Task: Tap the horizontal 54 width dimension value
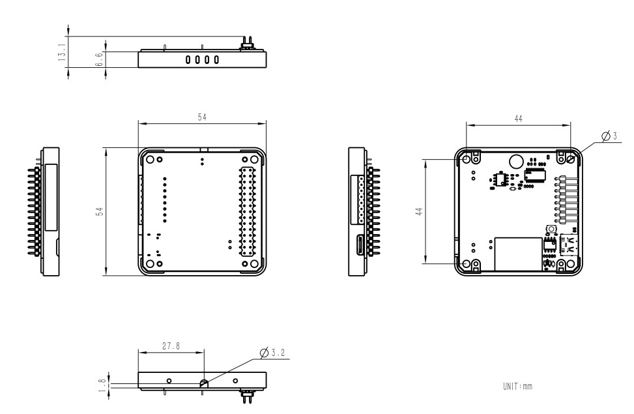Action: pos(203,116)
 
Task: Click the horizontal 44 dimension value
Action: pos(517,119)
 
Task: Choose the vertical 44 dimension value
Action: pos(420,212)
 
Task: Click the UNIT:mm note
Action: pos(517,386)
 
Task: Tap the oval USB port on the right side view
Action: pos(360,246)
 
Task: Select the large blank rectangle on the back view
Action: pos(518,254)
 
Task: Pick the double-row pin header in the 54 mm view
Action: pos(248,212)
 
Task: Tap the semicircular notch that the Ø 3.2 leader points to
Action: pos(203,383)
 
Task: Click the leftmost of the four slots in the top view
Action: pos(188,59)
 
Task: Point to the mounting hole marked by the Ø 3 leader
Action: pos(570,158)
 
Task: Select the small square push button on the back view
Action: pos(550,230)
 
